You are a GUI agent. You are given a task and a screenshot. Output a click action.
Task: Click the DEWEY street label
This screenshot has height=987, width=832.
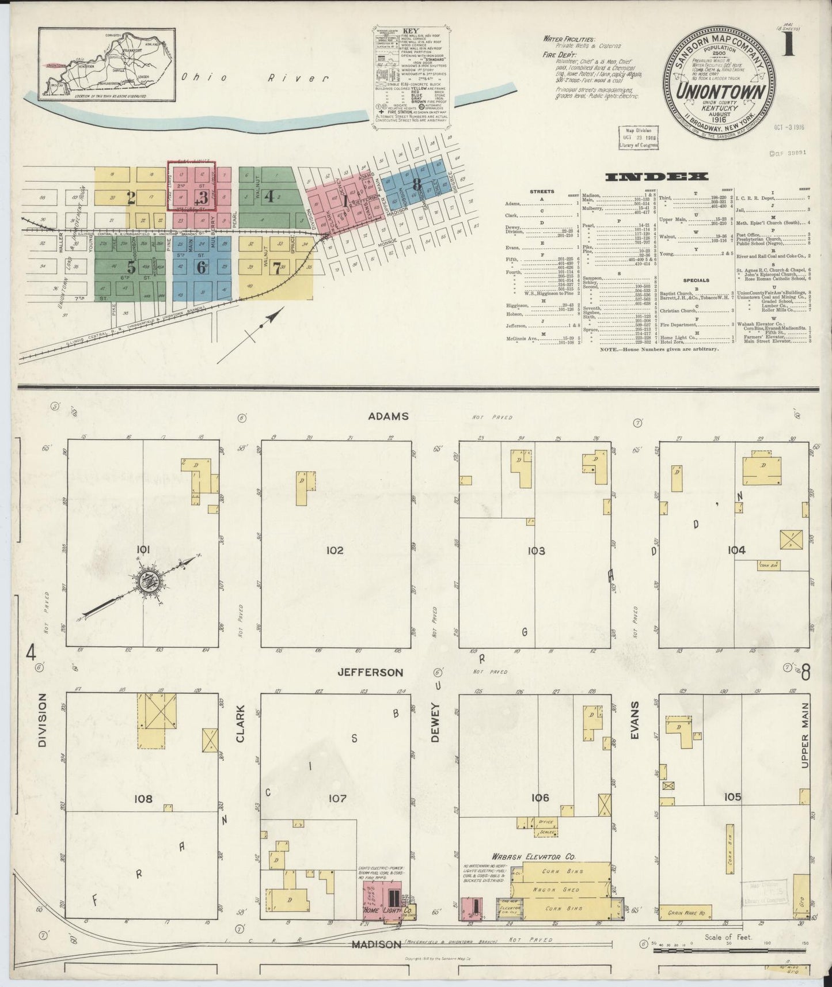pos(435,722)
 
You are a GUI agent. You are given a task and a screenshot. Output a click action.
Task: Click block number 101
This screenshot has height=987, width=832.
pos(143,550)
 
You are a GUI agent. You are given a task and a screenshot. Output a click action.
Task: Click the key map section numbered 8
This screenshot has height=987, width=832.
pos(417,184)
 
